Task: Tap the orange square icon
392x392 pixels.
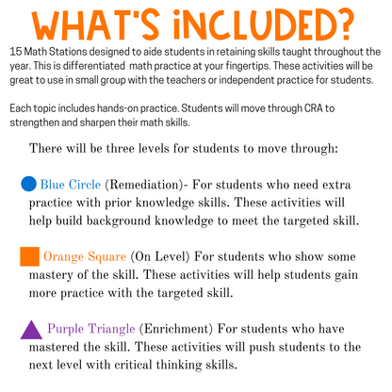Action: (x=28, y=256)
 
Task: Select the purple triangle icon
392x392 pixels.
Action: (x=30, y=329)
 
